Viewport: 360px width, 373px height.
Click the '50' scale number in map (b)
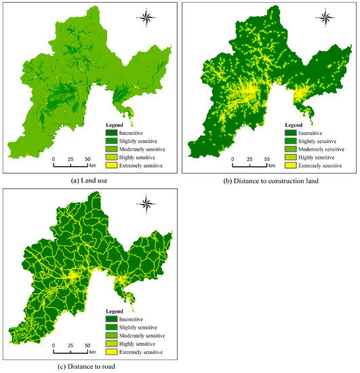click(266, 159)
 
